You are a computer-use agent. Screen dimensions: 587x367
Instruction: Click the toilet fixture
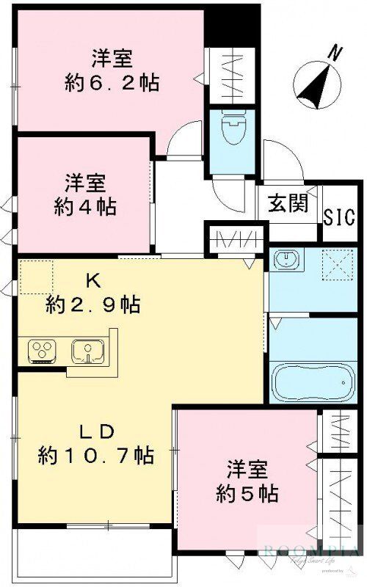click(x=233, y=133)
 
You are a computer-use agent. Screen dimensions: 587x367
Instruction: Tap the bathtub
click(x=313, y=381)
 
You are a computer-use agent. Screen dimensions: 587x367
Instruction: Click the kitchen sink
click(x=89, y=351)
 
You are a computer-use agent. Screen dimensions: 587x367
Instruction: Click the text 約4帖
click(x=85, y=206)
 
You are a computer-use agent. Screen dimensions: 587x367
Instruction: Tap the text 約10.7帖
click(x=95, y=456)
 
